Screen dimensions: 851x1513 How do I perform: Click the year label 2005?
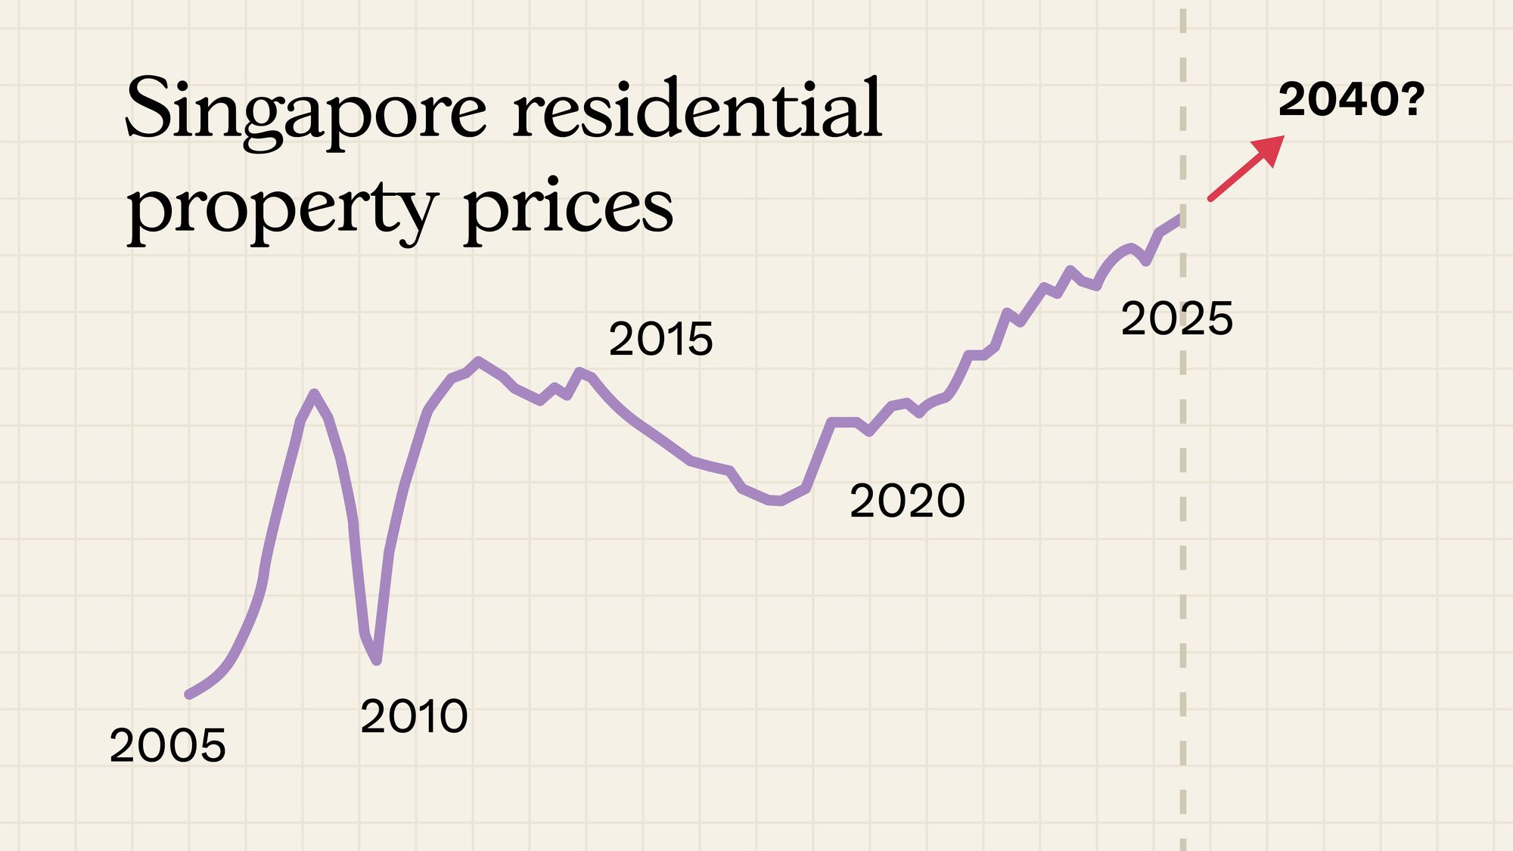click(167, 746)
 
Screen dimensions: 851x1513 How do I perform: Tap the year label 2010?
click(414, 716)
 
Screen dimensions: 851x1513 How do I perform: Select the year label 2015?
click(660, 339)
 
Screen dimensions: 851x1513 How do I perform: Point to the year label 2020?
click(907, 501)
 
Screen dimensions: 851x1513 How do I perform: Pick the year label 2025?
click(1176, 318)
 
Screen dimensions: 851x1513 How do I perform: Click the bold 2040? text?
click(1350, 100)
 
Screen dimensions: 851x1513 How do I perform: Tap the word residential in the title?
click(697, 110)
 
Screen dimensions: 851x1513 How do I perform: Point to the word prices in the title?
click(568, 208)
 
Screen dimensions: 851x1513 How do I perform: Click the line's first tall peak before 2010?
click(314, 393)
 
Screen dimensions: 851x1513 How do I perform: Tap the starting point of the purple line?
click(189, 694)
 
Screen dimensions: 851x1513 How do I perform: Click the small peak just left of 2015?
click(580, 371)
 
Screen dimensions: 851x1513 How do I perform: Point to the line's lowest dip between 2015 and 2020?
click(775, 501)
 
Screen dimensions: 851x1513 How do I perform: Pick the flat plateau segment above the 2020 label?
click(843, 422)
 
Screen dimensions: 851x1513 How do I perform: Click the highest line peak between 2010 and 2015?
click(478, 361)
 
